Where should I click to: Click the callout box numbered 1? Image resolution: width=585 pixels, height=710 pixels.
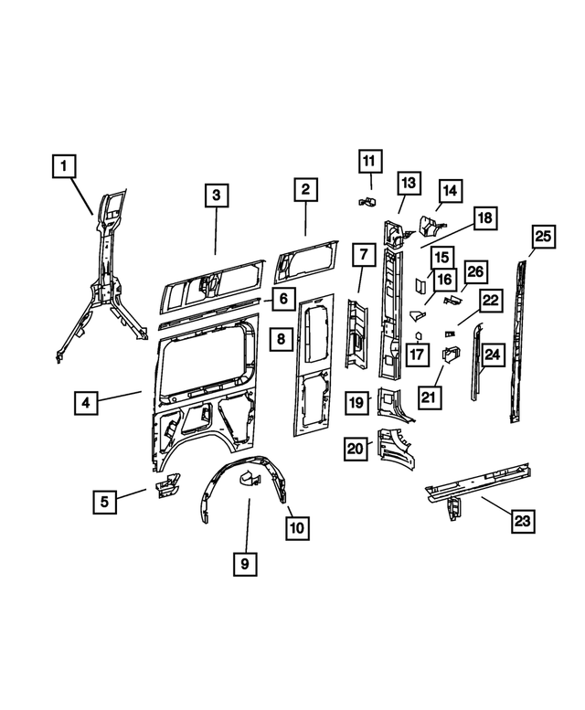(64, 167)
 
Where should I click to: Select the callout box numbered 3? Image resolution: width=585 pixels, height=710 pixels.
(215, 195)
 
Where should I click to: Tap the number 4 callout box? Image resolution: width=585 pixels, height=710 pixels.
(84, 402)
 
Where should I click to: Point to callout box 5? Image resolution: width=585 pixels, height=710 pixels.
(104, 500)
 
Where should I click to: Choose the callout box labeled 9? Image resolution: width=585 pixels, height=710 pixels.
(244, 564)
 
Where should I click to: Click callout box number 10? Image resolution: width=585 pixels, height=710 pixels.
(298, 527)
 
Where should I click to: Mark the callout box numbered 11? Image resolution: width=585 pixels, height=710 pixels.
(368, 163)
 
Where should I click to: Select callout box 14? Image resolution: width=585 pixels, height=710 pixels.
(450, 190)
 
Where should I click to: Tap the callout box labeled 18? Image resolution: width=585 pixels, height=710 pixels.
(484, 217)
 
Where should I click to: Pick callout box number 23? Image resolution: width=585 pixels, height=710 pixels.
(521, 521)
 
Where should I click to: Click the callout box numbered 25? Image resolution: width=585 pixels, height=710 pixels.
(543, 237)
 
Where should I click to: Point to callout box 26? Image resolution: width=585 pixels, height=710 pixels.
(476, 272)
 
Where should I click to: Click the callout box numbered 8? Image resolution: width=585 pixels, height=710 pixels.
(282, 339)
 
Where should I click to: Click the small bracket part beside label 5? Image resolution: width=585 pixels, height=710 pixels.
(165, 486)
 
